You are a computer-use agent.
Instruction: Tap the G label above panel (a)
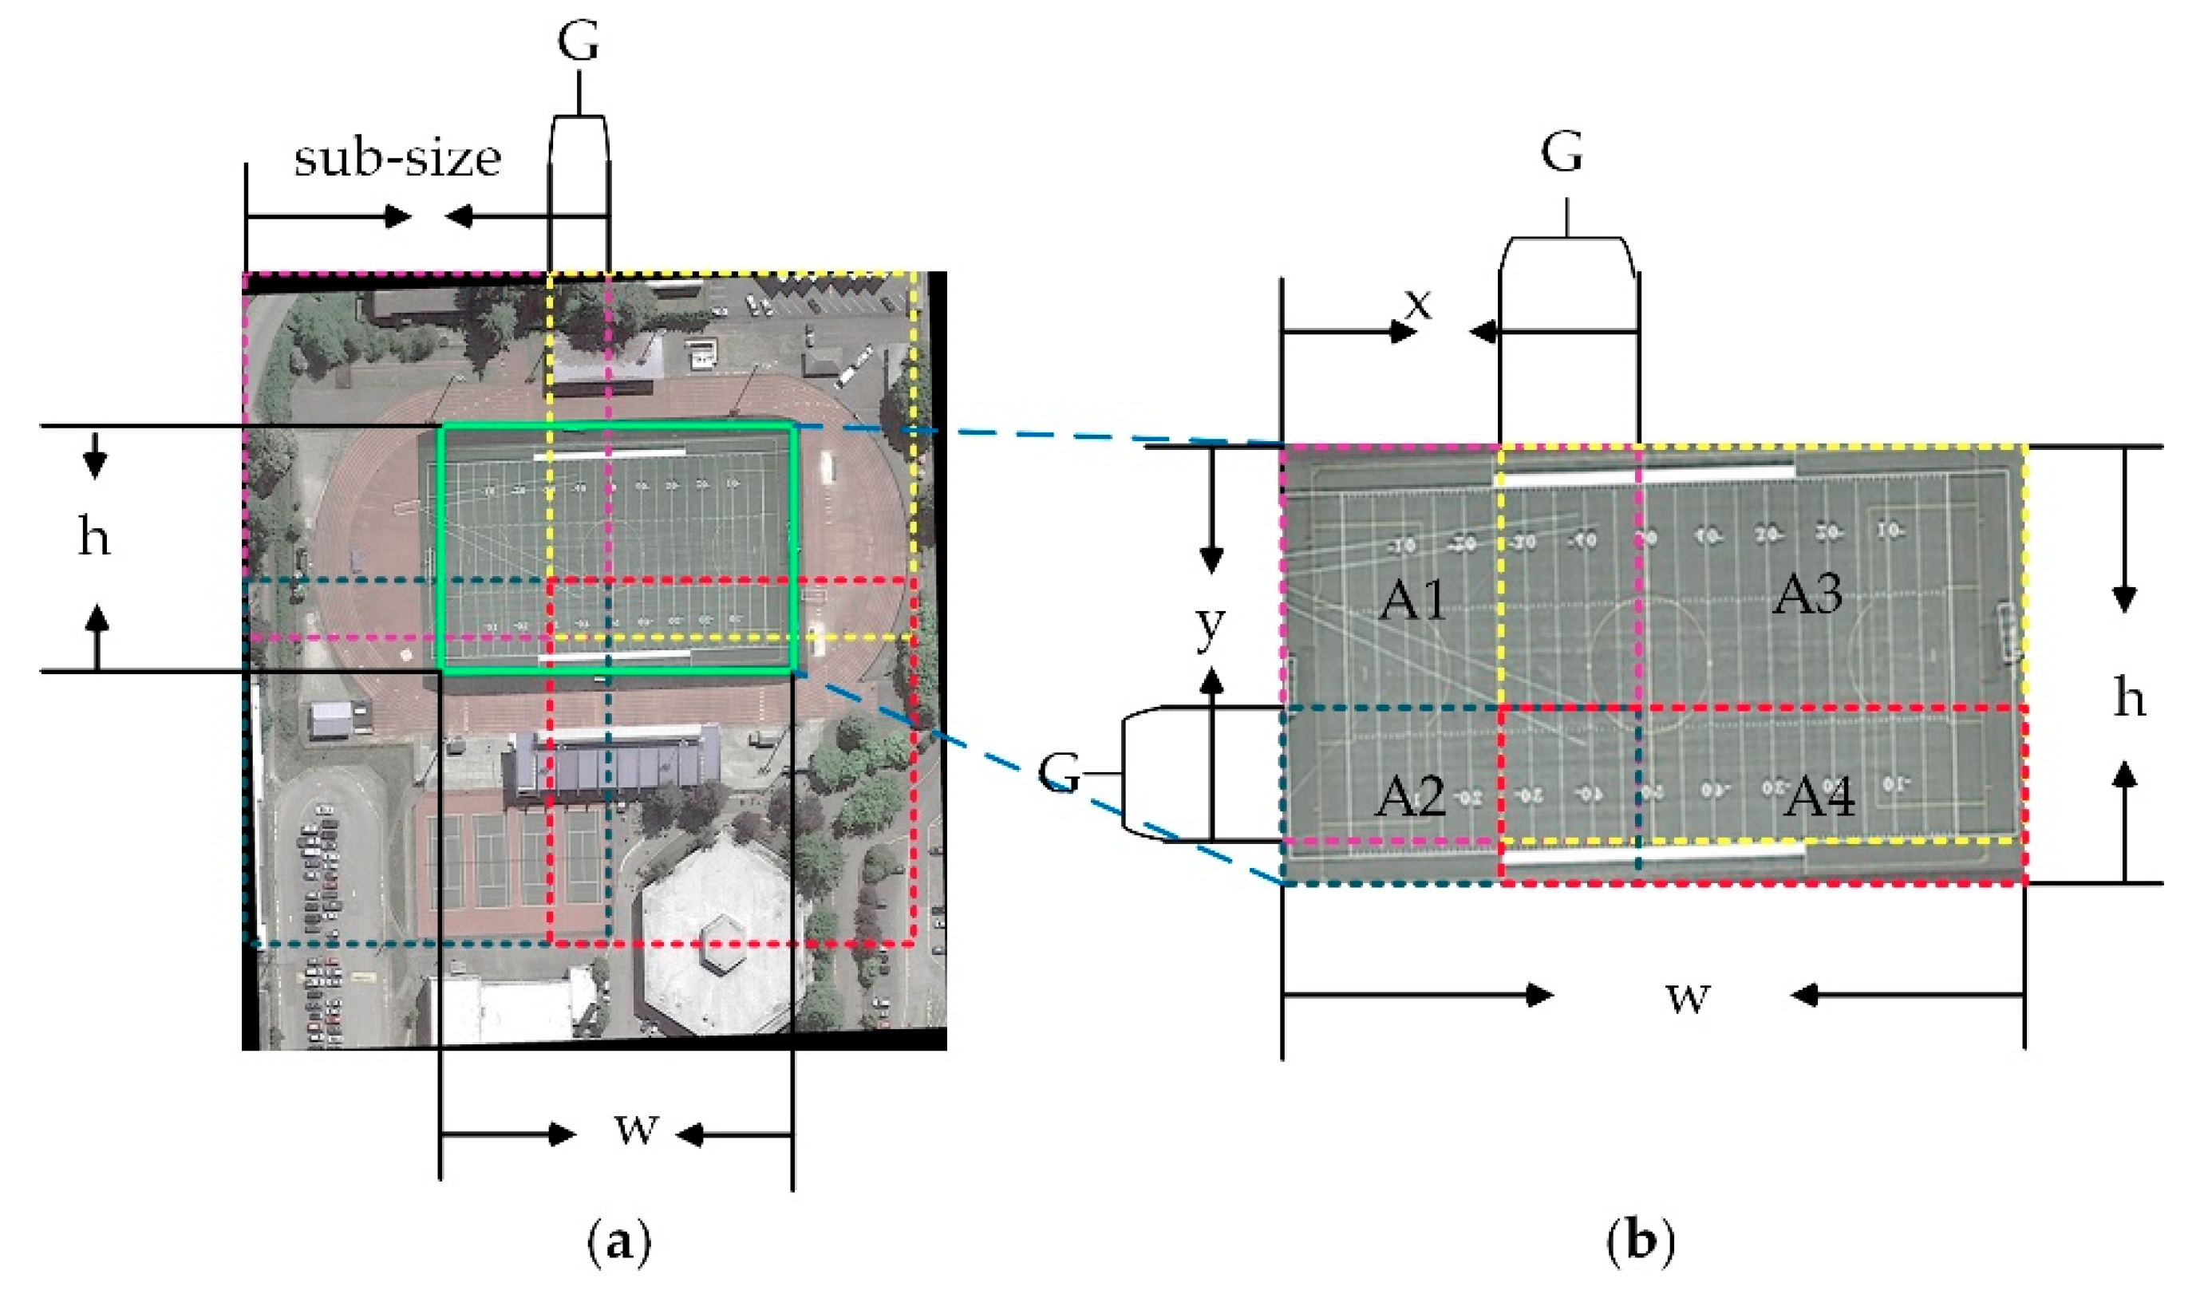(x=579, y=42)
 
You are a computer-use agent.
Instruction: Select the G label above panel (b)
(x=1562, y=152)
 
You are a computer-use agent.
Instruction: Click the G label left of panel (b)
(x=1058, y=773)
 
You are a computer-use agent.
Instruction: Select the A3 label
(x=1807, y=595)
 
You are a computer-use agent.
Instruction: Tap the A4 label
(x=1819, y=797)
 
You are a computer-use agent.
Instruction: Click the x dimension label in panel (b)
(x=1418, y=304)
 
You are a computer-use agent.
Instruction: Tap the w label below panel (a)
(x=636, y=1127)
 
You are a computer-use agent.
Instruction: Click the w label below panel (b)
(x=1688, y=996)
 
